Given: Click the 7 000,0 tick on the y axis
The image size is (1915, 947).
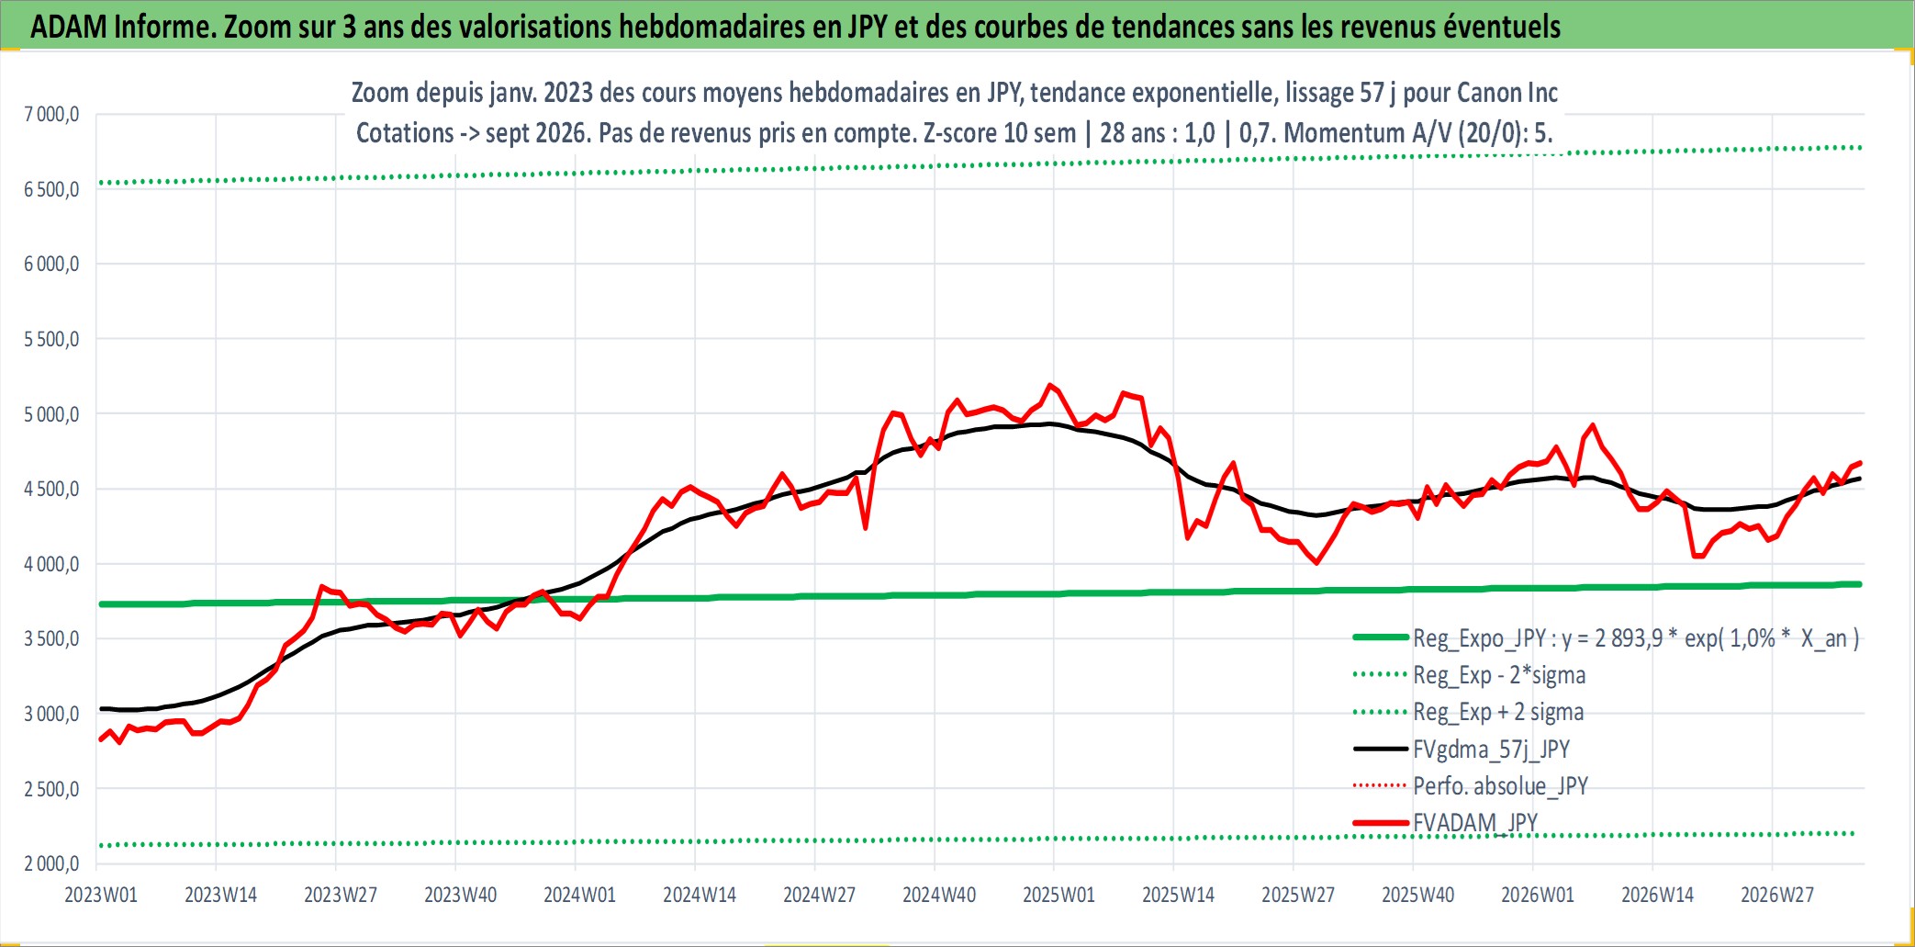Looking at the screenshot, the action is [51, 115].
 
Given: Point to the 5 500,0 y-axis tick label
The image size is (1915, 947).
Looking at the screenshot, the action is [51, 340].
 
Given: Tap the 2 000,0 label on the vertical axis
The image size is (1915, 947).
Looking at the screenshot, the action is [51, 863].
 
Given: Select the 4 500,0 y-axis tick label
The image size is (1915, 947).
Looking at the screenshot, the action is [51, 490].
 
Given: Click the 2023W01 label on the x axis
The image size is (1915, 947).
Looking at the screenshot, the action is [101, 895].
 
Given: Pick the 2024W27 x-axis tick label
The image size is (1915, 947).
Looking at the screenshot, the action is [819, 895].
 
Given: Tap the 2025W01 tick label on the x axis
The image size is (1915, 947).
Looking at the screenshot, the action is [1058, 895].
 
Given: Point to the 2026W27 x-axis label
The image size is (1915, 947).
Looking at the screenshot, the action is [1777, 895].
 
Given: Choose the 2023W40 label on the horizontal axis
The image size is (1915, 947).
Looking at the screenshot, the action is [460, 895].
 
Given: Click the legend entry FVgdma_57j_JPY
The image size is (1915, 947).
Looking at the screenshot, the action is [1491, 750].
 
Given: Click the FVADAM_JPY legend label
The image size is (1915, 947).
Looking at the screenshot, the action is [1474, 823].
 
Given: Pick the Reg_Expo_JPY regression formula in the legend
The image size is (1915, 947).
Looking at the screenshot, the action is [1636, 638].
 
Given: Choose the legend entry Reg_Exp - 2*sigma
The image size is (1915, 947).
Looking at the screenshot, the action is [1499, 675].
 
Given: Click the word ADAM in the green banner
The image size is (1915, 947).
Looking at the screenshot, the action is [69, 27].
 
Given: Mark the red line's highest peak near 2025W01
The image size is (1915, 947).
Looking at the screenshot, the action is [1050, 385].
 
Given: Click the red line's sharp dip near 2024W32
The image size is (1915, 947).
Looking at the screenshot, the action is [866, 528].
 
